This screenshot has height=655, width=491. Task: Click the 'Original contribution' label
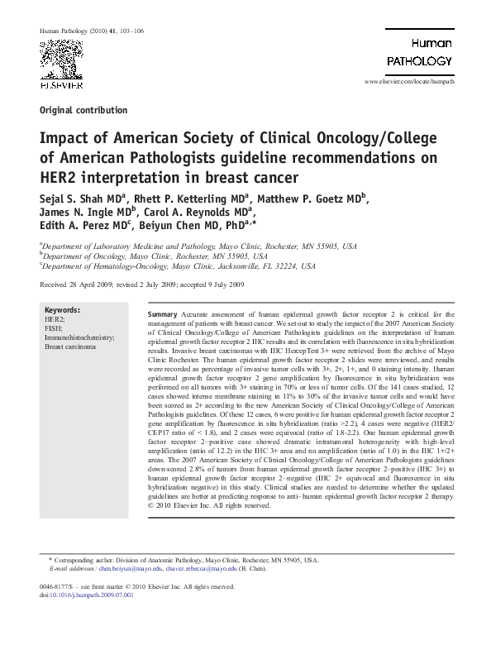[83, 110]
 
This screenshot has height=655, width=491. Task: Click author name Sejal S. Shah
[71, 199]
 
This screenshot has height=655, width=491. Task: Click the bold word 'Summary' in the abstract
[162, 316]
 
